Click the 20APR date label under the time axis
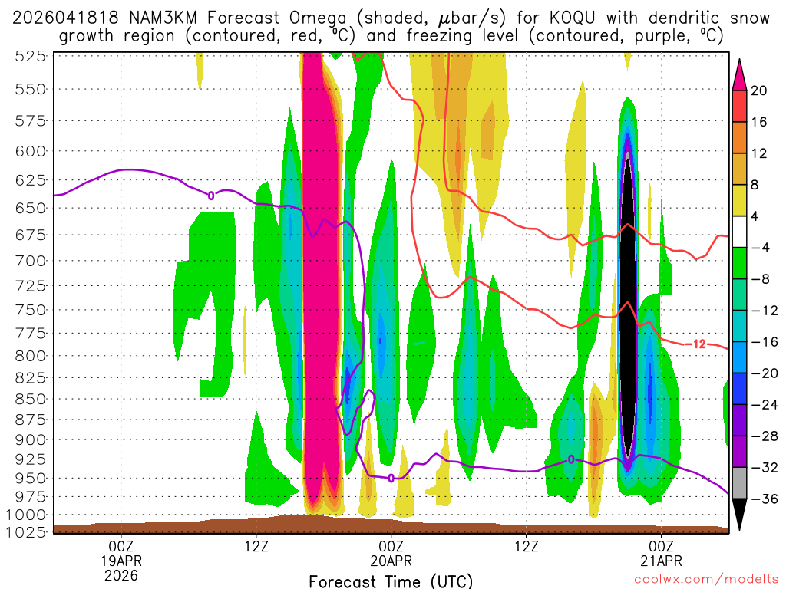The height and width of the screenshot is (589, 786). pyautogui.click(x=391, y=560)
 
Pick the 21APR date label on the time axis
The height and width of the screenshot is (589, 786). pyautogui.click(x=662, y=560)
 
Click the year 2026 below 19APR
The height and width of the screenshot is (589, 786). pyautogui.click(x=121, y=574)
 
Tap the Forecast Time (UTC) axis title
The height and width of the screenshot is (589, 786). pyautogui.click(x=391, y=581)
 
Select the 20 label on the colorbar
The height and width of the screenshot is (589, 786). pyautogui.click(x=759, y=90)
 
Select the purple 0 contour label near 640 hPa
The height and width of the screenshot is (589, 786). pyautogui.click(x=211, y=195)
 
